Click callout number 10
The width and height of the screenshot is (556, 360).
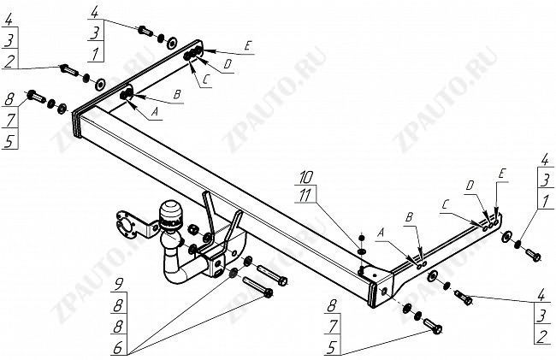click(x=305, y=177)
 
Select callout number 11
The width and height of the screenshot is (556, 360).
click(x=305, y=195)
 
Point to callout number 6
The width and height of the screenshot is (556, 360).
click(x=118, y=348)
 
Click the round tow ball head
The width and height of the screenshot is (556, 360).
click(x=170, y=212)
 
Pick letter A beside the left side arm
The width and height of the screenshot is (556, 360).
click(x=154, y=112)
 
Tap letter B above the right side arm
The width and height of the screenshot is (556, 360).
click(x=409, y=217)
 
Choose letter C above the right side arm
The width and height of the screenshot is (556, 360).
click(x=446, y=204)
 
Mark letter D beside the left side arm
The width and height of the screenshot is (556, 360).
click(x=228, y=64)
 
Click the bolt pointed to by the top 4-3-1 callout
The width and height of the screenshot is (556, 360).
click(x=145, y=31)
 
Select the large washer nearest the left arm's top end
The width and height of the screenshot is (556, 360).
click(x=172, y=44)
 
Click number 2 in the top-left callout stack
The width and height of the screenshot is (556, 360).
click(x=9, y=61)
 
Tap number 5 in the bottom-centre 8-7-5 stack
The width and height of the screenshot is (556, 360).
click(x=331, y=347)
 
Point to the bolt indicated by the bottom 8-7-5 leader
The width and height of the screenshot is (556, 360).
click(x=433, y=326)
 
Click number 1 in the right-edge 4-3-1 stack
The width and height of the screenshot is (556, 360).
click(x=545, y=201)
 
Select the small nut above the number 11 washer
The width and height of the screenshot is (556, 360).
click(x=362, y=238)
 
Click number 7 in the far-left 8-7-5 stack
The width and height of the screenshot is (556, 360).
click(x=10, y=120)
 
